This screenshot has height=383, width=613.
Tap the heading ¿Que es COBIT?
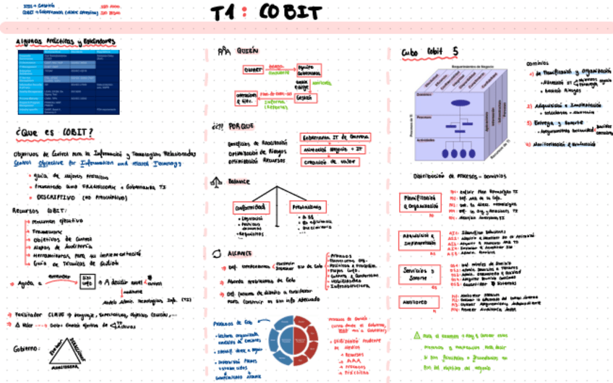pos(55,133)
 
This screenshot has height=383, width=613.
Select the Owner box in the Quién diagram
pos(253,69)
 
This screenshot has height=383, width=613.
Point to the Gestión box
pos(304,98)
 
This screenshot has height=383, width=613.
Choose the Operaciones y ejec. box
pos(246,98)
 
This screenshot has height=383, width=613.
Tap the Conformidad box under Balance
pos(250,207)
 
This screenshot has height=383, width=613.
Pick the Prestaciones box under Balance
pos(306,207)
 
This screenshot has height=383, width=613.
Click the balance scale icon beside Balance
pos(215,183)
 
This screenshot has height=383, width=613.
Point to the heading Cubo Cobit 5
pos(429,52)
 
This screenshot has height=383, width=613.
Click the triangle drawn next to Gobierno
pos(71,356)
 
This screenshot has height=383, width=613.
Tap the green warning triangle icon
pos(417,335)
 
